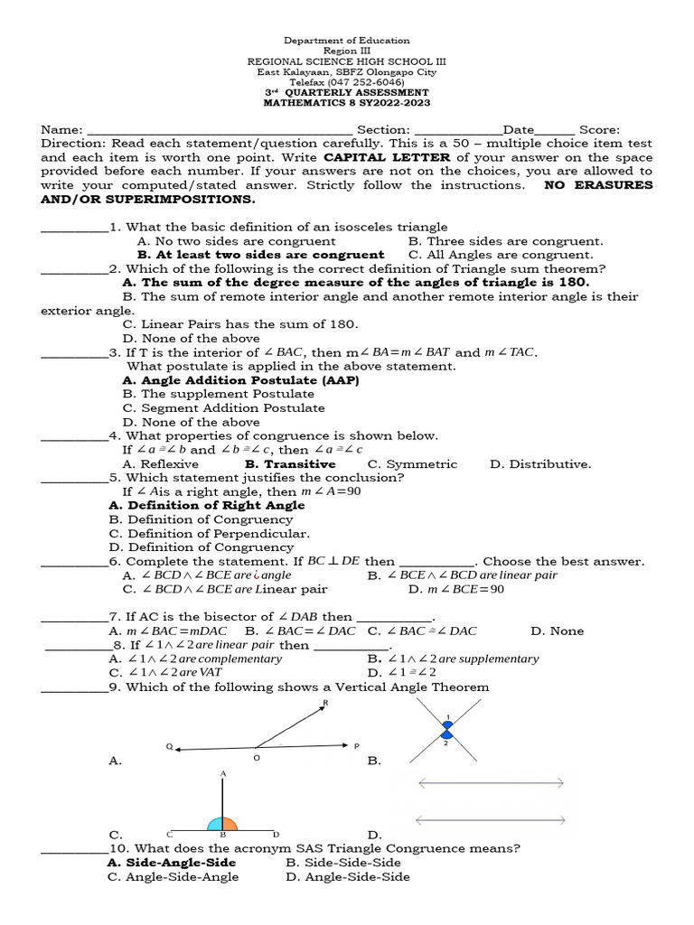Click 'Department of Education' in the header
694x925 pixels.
pyautogui.click(x=347, y=41)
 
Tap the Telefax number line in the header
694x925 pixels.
pyautogui.click(x=347, y=81)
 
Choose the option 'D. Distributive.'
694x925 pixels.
pyautogui.click(x=540, y=464)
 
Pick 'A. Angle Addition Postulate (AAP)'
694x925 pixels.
pyautogui.click(x=240, y=381)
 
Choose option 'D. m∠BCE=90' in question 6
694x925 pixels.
pyautogui.click(x=456, y=590)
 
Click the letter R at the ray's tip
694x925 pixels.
pyautogui.click(x=325, y=702)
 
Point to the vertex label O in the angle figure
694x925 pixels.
pyautogui.click(x=256, y=758)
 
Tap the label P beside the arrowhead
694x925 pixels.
pyautogui.click(x=357, y=746)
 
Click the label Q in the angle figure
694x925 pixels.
pyautogui.click(x=169, y=747)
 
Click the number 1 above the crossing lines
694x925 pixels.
pyautogui.click(x=446, y=715)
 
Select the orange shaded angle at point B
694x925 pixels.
pyautogui.click(x=230, y=824)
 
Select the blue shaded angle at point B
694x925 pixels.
pyautogui.click(x=216, y=824)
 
